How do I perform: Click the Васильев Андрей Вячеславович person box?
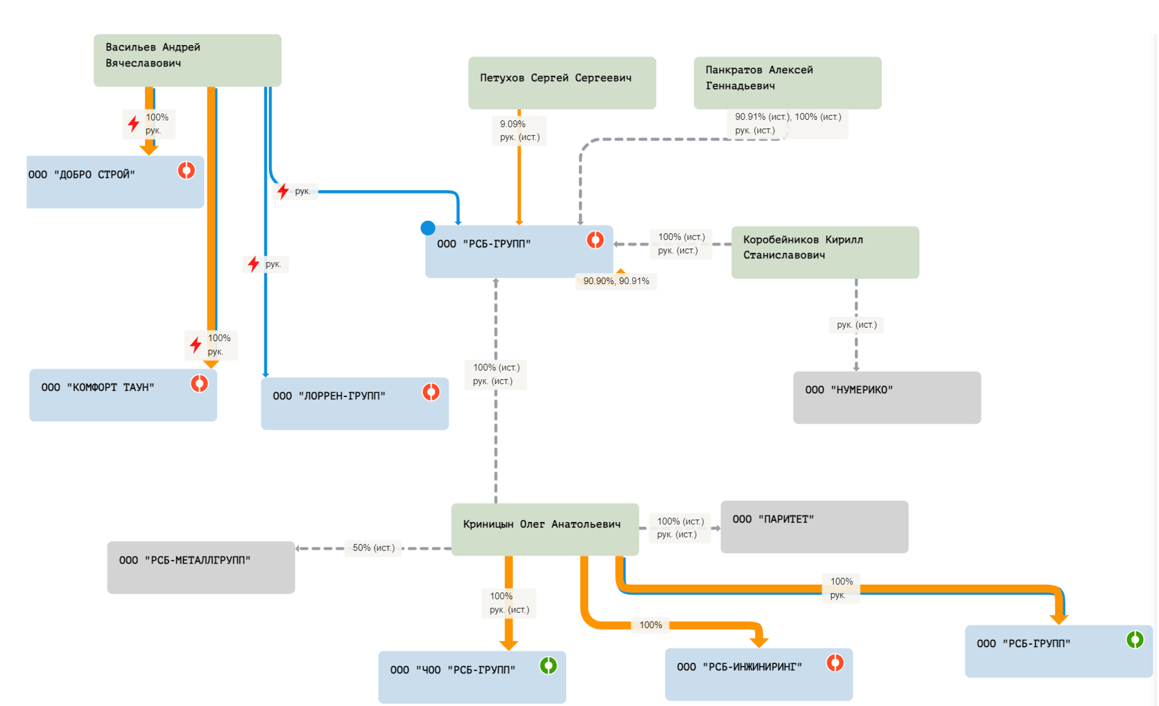click(187, 60)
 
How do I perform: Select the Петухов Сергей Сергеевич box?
click(562, 83)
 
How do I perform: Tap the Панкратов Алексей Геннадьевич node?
click(787, 83)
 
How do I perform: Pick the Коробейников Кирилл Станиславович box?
click(825, 252)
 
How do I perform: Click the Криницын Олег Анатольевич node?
click(545, 529)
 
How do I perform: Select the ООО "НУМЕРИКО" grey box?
click(886, 397)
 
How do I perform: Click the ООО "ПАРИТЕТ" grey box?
click(814, 526)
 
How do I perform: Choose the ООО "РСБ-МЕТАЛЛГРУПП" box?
click(201, 567)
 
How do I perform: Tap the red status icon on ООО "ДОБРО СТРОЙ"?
click(186, 171)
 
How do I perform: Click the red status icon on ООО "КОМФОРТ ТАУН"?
click(199, 384)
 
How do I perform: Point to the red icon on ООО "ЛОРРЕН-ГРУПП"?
click(431, 392)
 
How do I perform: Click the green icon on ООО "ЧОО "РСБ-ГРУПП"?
click(549, 666)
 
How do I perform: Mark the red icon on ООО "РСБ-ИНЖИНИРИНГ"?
click(835, 663)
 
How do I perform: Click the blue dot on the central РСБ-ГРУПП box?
click(428, 228)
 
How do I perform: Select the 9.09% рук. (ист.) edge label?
click(519, 131)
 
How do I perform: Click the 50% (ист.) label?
click(374, 548)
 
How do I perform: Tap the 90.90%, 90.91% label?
click(616, 281)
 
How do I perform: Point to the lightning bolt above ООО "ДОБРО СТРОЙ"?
click(134, 124)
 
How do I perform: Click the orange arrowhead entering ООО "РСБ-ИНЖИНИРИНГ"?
click(759, 642)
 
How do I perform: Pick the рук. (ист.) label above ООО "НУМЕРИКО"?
click(856, 325)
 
